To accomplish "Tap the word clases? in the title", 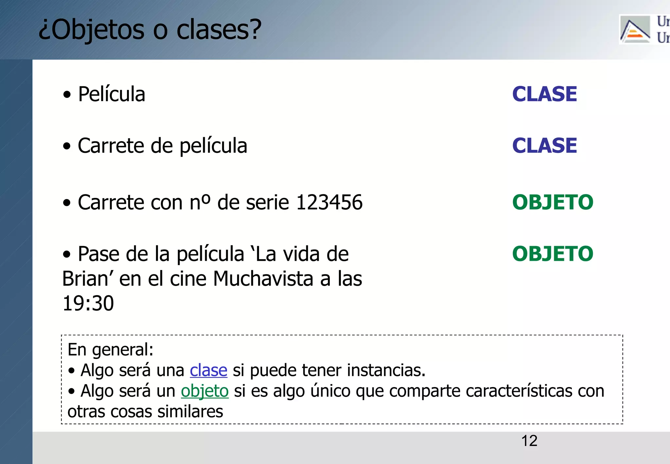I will click(219, 29).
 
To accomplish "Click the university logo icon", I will click(635, 30).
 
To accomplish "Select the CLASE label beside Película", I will click(544, 94).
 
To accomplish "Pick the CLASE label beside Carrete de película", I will click(544, 146).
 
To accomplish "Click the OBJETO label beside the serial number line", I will click(553, 202).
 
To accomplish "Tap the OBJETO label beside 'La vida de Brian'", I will click(553, 254).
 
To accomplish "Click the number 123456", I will click(329, 202).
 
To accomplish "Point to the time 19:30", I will click(88, 303).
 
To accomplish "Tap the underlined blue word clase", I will click(208, 370).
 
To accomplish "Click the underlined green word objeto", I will click(204, 391).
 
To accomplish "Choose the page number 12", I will click(529, 441).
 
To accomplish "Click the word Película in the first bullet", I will click(112, 95).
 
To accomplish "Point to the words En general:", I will click(110, 349).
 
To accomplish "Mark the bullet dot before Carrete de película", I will click(67, 146).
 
